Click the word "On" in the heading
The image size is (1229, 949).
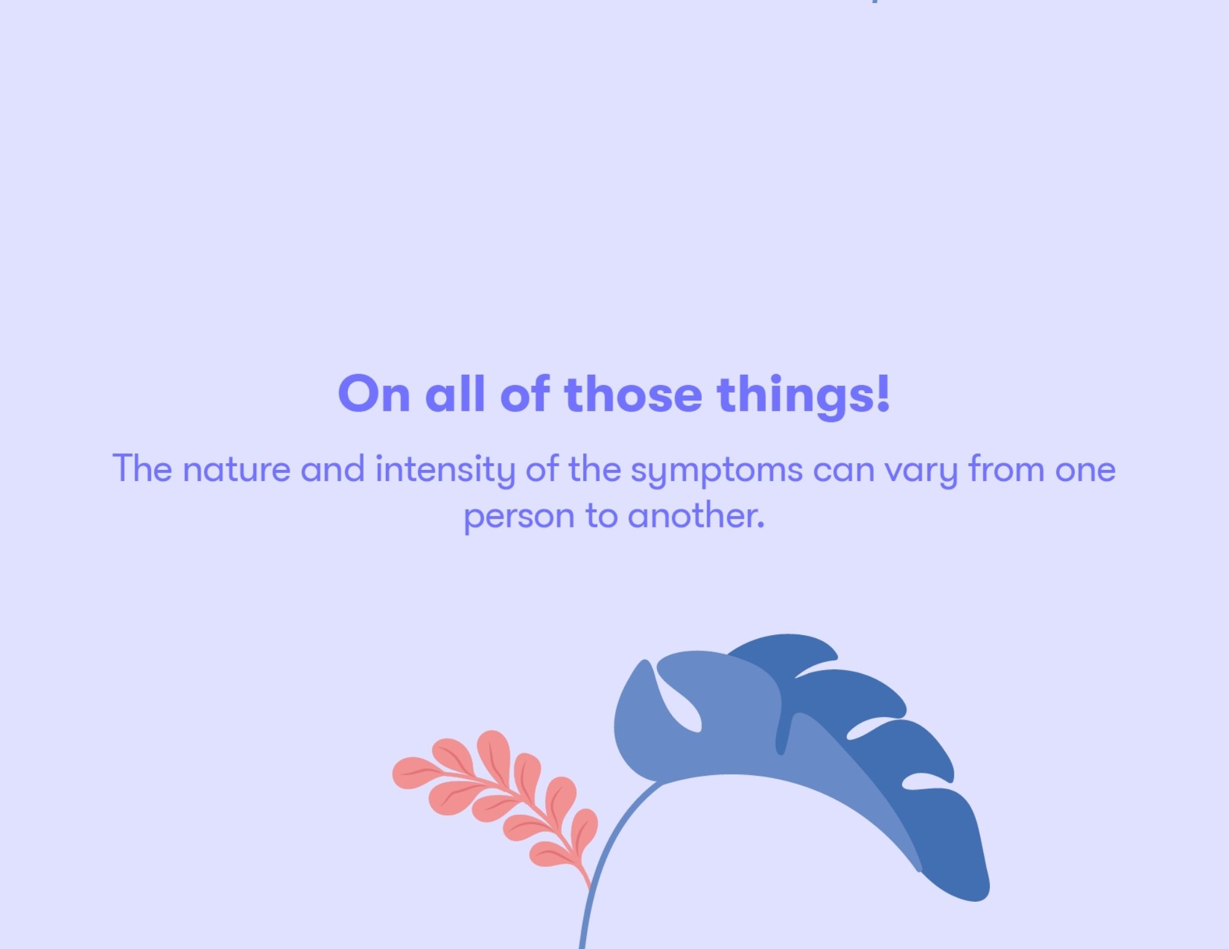coord(374,394)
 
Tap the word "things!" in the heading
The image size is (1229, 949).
coord(803,396)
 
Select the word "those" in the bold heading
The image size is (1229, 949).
coord(633,394)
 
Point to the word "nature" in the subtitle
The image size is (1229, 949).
coord(237,470)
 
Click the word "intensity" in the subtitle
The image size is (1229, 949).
coord(445,470)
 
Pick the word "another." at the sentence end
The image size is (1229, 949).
coord(696,515)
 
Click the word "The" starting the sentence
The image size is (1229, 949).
coord(142,469)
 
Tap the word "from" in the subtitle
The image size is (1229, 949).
coord(1006,469)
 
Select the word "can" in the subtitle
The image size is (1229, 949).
coord(844,471)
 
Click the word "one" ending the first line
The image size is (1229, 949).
coord(1085,471)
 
